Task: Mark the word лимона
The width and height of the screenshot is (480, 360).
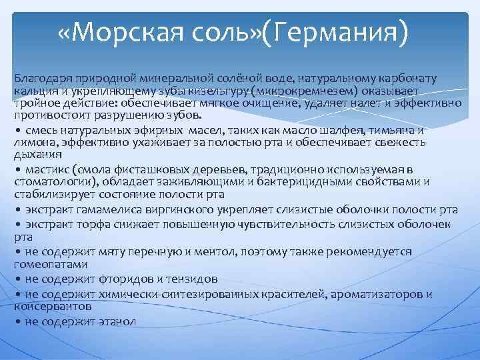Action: (33, 141)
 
